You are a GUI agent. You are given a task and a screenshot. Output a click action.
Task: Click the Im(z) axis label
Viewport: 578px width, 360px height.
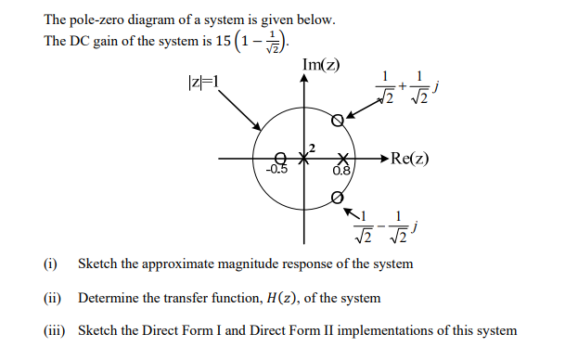(x=321, y=66)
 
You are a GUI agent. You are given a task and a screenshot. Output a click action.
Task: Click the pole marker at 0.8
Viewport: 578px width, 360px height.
(x=343, y=159)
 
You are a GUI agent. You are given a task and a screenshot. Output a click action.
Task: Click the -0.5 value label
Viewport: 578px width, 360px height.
(x=276, y=171)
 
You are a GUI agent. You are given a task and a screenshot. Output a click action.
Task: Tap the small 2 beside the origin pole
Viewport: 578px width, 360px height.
(x=313, y=148)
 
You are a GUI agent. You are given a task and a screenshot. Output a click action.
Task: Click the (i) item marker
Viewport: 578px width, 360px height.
(x=51, y=264)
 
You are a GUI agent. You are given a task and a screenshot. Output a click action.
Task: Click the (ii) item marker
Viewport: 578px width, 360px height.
(x=53, y=298)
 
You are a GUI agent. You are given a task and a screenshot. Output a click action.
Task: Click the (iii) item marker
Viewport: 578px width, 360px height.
(x=55, y=331)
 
